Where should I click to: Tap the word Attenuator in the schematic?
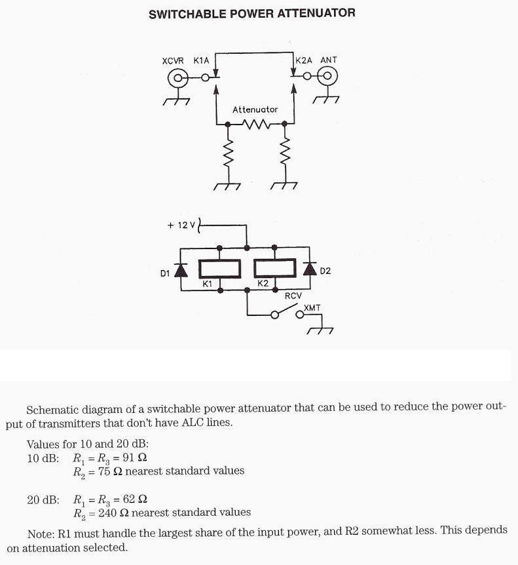pyautogui.click(x=255, y=109)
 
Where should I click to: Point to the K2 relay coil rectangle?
pyautogui.click(x=274, y=268)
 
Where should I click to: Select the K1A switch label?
pyautogui.click(x=201, y=60)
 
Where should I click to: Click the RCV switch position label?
pyautogui.click(x=293, y=296)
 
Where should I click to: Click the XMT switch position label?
pyautogui.click(x=312, y=307)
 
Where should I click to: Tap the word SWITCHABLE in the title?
pyautogui.click(x=187, y=13)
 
